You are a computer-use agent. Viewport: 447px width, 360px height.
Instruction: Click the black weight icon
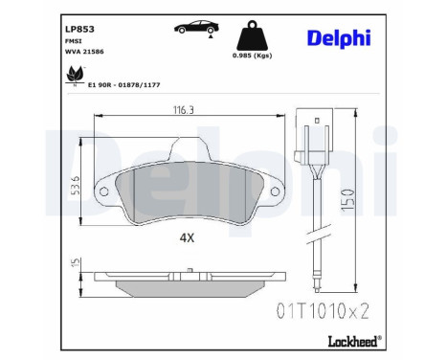[x=251, y=38]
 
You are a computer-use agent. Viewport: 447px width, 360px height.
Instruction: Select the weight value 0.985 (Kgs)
[x=252, y=67]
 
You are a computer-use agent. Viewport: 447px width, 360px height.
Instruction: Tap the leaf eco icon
[x=70, y=74]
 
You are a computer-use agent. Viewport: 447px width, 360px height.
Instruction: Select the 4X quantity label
[x=187, y=237]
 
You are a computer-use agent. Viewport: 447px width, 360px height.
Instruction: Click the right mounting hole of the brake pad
[x=276, y=190]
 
